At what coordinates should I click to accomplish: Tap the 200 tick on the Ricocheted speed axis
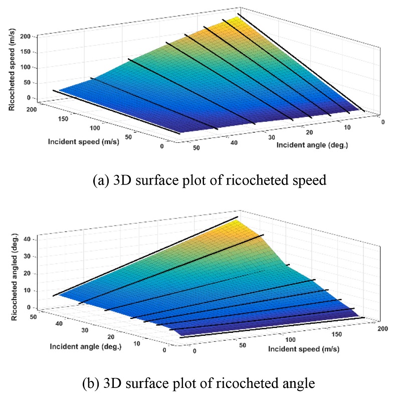click(x=26, y=37)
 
